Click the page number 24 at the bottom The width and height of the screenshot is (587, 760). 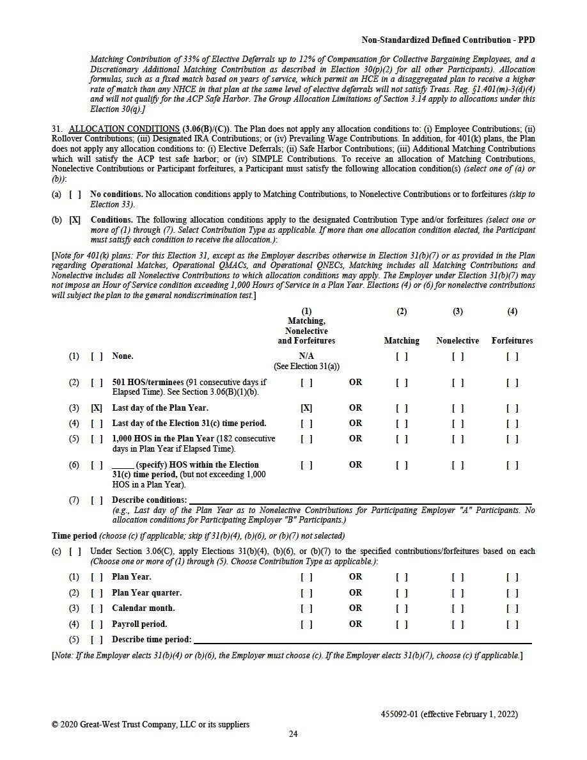coord(293,734)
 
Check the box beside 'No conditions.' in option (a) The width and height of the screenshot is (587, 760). coord(75,194)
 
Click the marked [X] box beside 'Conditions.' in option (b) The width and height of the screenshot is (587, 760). coord(75,220)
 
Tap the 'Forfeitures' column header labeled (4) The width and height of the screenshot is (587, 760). coord(512,340)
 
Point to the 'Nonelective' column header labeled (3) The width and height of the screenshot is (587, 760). coord(458,340)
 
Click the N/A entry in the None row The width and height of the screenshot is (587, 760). coord(306,356)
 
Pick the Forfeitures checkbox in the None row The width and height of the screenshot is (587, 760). coord(512,356)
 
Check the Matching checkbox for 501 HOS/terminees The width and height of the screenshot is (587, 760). coord(402,383)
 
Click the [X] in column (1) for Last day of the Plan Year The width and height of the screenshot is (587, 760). coord(306,408)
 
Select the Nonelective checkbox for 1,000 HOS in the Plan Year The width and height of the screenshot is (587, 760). coord(458,439)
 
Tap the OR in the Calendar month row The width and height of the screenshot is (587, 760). coord(356,608)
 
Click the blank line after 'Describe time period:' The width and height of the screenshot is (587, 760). coord(362,640)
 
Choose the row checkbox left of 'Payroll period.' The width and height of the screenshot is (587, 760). coord(97,624)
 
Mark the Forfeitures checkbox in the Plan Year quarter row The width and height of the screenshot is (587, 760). coord(512,592)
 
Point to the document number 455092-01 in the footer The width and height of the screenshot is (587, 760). coord(399,714)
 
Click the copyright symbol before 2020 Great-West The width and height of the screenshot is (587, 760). coord(55,724)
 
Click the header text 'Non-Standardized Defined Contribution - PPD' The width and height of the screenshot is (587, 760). coord(448,40)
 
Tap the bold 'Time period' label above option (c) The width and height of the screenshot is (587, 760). coord(74,535)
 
